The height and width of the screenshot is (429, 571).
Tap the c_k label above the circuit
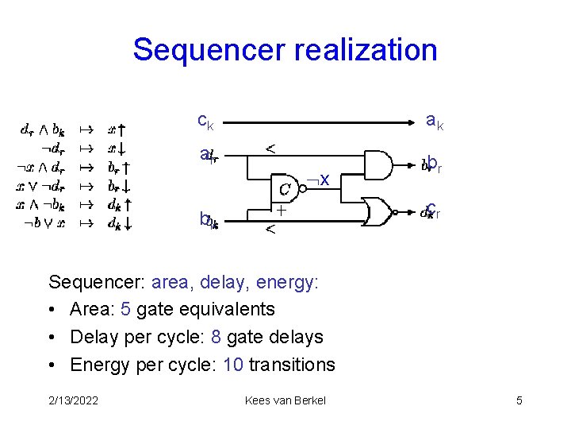tap(205, 122)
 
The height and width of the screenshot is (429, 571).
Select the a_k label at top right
tap(435, 122)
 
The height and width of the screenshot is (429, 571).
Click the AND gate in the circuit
tap(377, 165)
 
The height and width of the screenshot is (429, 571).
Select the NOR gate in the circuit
tap(379, 212)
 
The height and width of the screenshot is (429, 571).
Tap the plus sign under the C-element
tap(281, 211)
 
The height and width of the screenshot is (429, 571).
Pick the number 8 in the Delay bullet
tap(216, 337)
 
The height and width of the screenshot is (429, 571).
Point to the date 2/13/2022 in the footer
tap(74, 400)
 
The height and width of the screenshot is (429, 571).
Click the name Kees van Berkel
tap(285, 400)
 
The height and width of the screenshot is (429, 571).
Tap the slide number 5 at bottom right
tap(519, 400)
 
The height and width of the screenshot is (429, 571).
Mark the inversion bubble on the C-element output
tap(303, 188)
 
